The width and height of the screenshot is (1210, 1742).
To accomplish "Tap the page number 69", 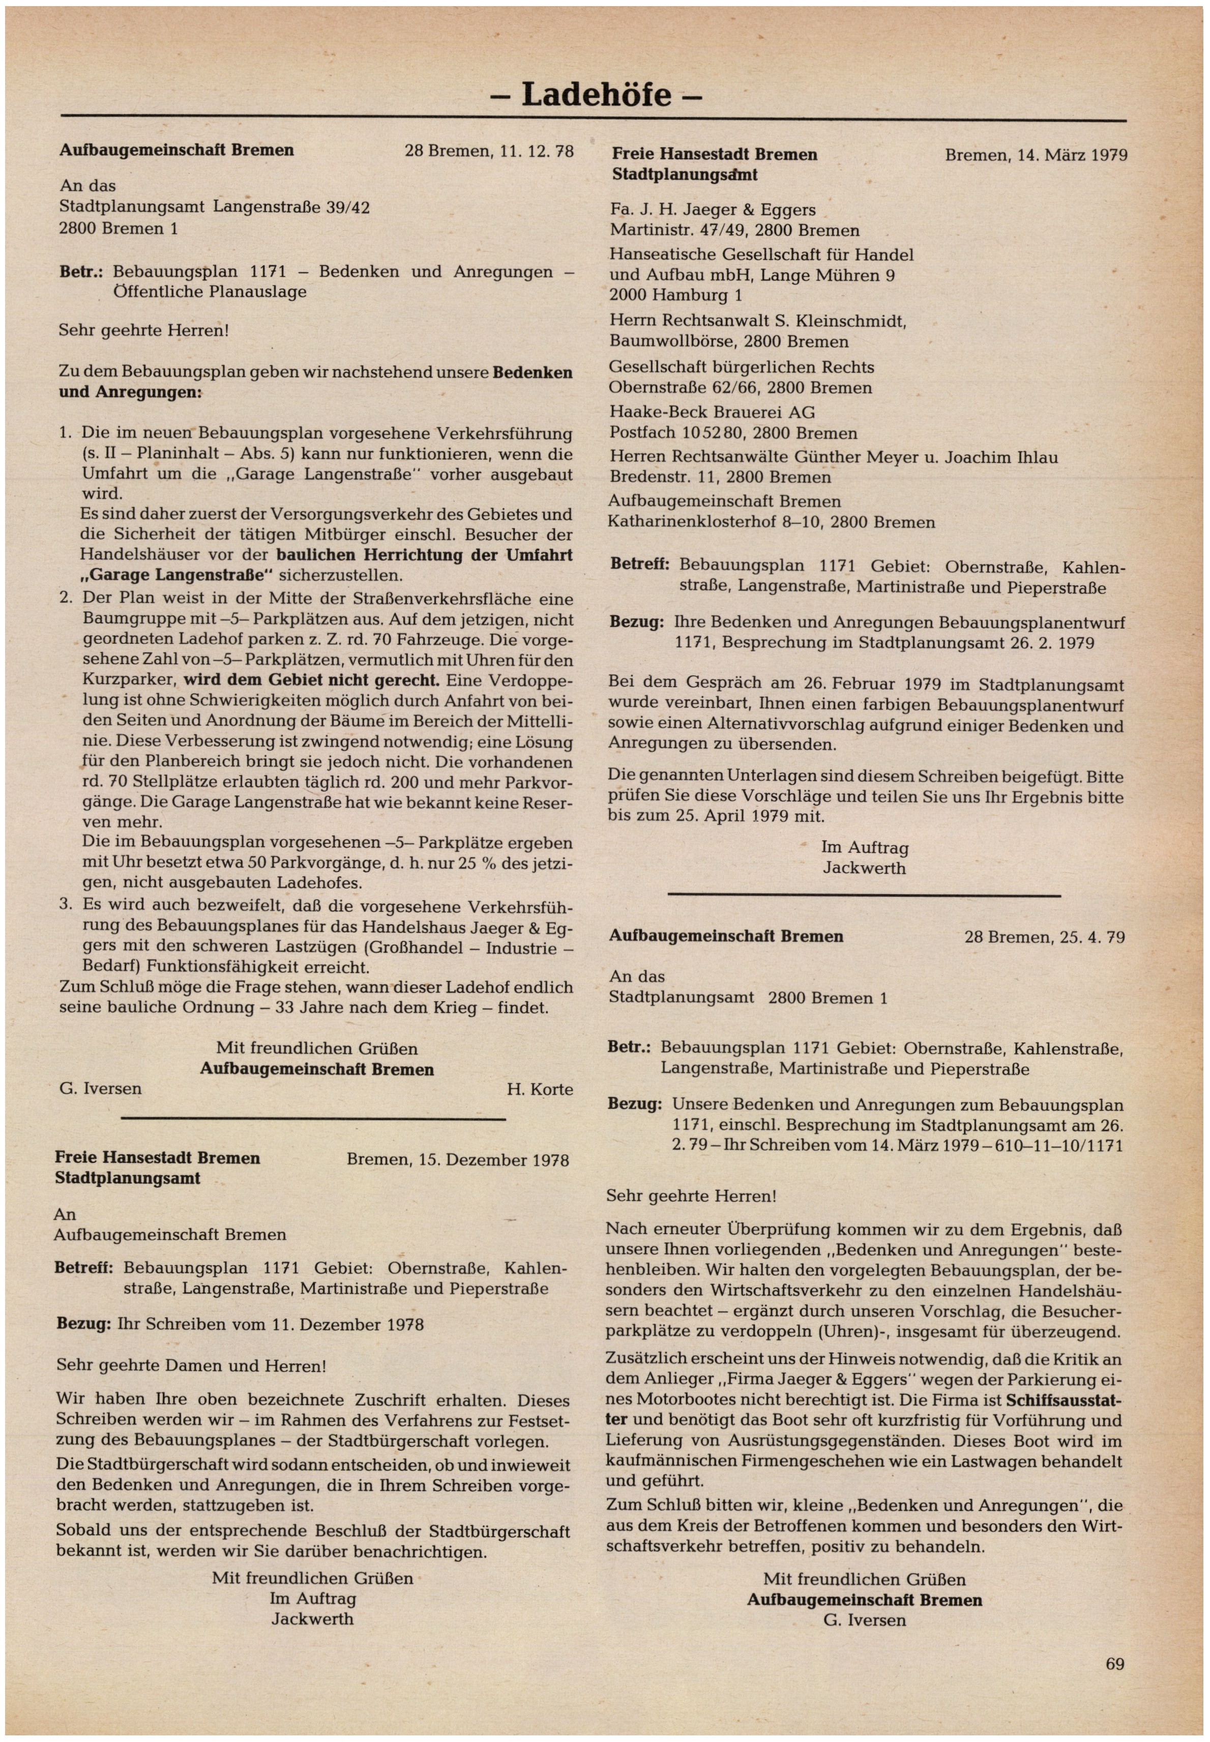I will (1114, 1664).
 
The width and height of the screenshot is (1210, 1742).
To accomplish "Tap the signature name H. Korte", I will (540, 1089).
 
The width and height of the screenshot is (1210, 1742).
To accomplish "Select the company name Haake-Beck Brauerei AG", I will (712, 413).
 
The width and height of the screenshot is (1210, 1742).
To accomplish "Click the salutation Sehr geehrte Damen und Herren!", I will (191, 1366).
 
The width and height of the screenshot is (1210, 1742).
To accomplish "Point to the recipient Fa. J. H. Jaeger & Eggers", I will (713, 210).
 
